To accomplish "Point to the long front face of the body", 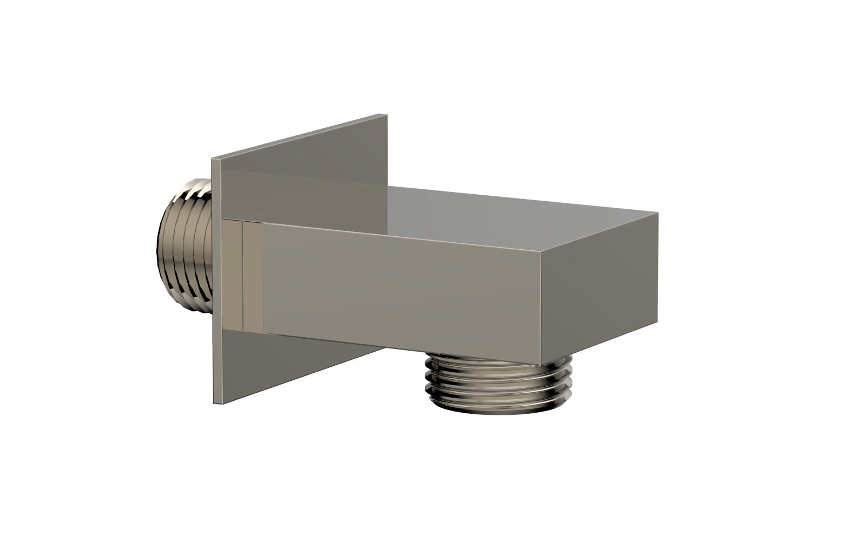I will click(399, 286).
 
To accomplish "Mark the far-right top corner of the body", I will click(658, 213).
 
